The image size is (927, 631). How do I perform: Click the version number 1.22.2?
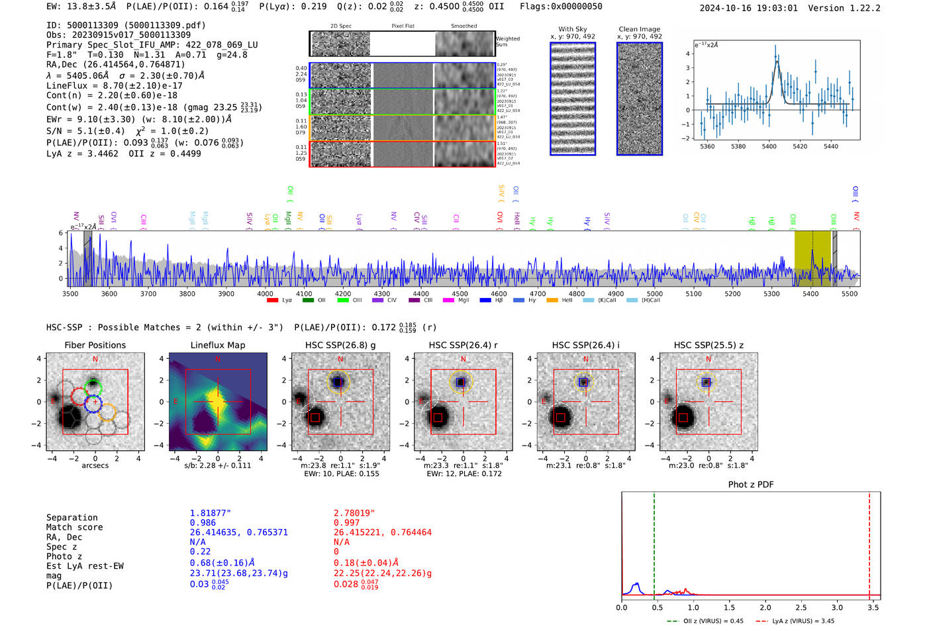pos(859,8)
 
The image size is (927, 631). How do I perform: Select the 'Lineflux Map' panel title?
pos(218,345)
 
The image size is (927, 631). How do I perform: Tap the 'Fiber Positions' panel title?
pos(95,345)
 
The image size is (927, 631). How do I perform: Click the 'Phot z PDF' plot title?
pos(751,485)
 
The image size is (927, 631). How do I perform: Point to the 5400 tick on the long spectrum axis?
pos(810,294)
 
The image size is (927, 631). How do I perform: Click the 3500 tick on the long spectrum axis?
pos(70,294)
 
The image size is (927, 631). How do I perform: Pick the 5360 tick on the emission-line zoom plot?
pos(707,146)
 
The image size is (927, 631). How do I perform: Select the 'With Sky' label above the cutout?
pos(573,29)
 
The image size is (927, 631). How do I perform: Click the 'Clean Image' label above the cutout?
pos(640,29)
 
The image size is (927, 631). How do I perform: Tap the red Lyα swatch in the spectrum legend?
pos(272,301)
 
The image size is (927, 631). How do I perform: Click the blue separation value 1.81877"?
pos(211,513)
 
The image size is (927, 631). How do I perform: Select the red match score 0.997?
pos(346,523)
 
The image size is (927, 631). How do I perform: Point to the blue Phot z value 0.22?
pos(200,552)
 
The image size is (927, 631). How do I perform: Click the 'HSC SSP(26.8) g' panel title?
pos(340,345)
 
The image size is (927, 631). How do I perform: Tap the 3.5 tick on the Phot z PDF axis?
pos(873,607)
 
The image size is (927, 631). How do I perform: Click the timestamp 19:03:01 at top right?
pos(775,8)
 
